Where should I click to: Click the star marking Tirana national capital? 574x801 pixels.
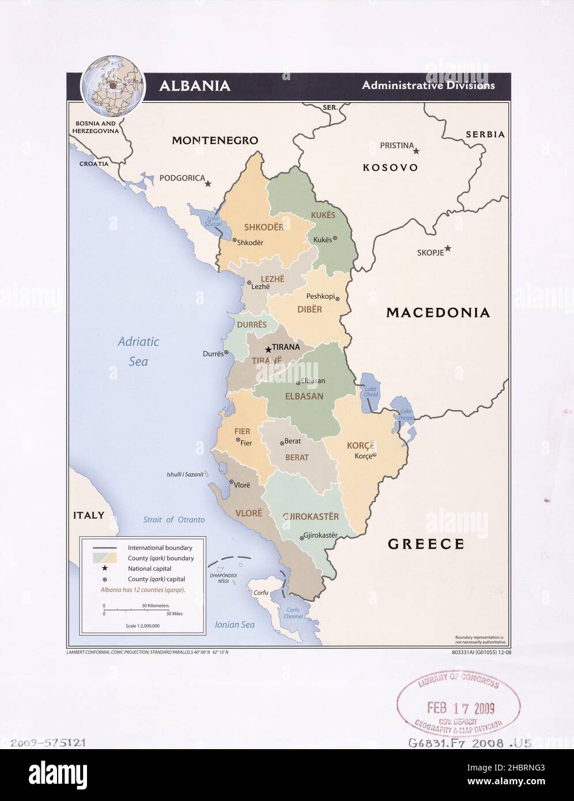pyautogui.click(x=268, y=349)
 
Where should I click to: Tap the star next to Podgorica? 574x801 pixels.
pyautogui.click(x=208, y=183)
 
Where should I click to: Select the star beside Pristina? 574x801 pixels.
pyautogui.click(x=417, y=150)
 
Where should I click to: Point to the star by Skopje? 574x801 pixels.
pyautogui.click(x=448, y=248)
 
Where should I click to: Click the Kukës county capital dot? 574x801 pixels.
pyautogui.click(x=335, y=238)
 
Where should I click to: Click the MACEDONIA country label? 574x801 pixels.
pyautogui.click(x=438, y=313)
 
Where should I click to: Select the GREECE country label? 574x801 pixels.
pyautogui.click(x=426, y=543)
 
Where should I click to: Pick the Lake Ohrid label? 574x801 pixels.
pyautogui.click(x=371, y=392)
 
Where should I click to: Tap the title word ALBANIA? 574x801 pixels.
pyautogui.click(x=195, y=86)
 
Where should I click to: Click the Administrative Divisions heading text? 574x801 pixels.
pyautogui.click(x=428, y=85)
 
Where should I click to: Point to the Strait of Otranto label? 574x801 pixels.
pyautogui.click(x=173, y=520)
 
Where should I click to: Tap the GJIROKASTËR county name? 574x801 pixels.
pyautogui.click(x=311, y=516)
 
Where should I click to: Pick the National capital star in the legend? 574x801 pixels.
pyautogui.click(x=104, y=569)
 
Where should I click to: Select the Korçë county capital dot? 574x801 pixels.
pyautogui.click(x=374, y=455)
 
